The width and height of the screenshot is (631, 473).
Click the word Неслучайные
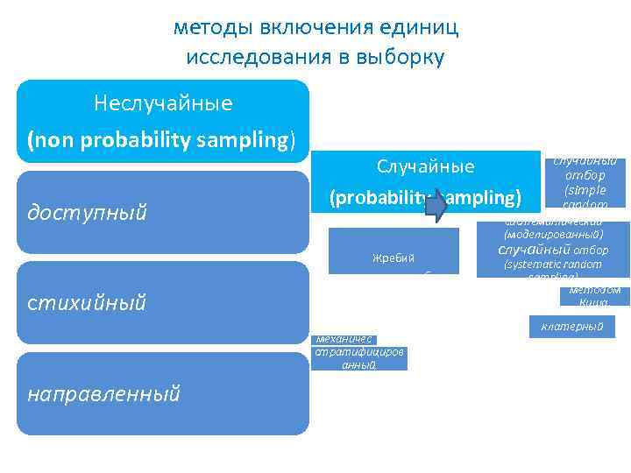163,104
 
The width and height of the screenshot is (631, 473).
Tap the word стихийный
85,303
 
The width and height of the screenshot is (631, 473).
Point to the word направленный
103,394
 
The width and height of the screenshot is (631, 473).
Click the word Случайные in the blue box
425,166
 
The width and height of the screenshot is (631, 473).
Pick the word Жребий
393,258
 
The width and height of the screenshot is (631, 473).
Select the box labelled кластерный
572,327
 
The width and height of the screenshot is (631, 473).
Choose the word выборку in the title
400,59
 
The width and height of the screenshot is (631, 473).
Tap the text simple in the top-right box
585,189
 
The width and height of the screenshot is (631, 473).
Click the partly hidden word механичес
344,339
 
